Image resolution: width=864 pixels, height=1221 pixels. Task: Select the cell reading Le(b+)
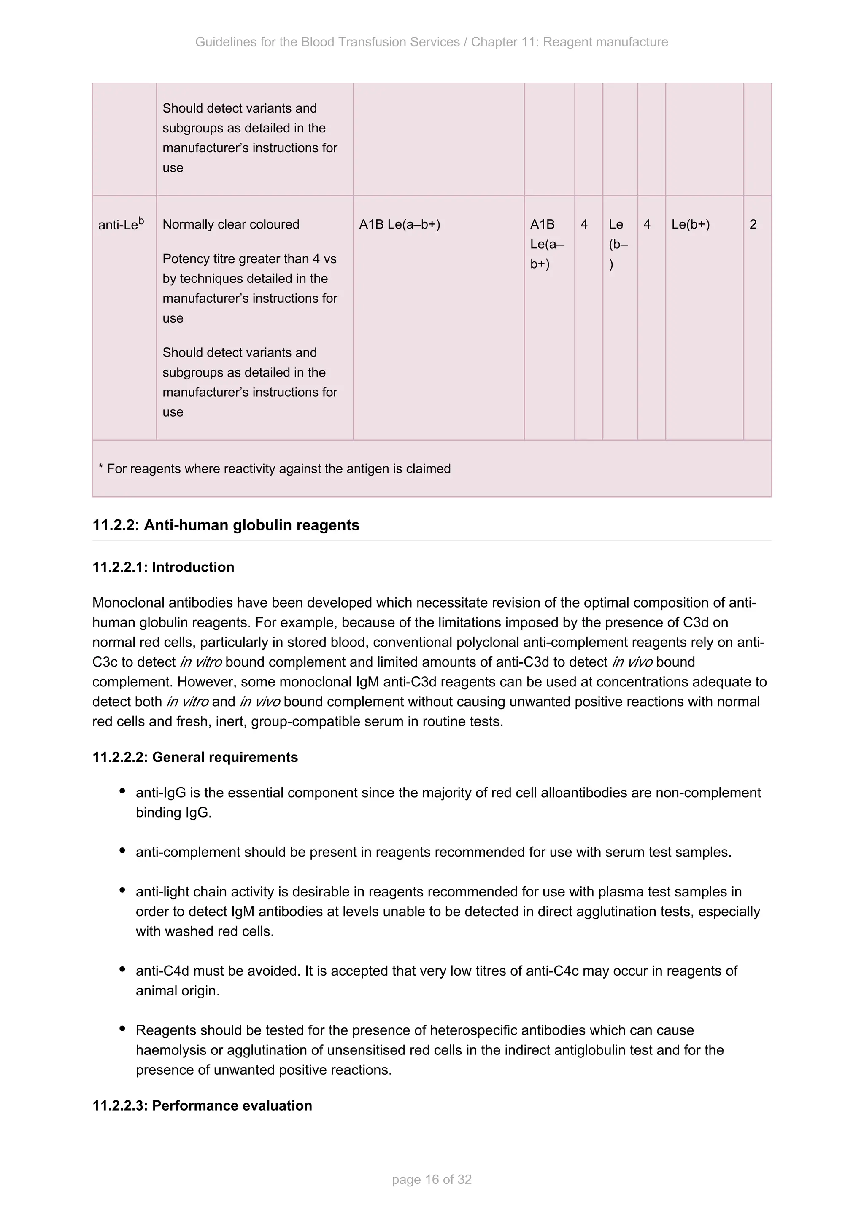tap(690, 224)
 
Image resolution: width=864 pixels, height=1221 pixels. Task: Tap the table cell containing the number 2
tap(753, 224)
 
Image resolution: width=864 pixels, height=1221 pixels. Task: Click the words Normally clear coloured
tap(231, 224)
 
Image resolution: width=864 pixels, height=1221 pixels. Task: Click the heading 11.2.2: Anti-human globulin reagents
tap(226, 525)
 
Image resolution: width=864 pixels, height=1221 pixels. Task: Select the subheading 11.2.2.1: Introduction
tap(163, 567)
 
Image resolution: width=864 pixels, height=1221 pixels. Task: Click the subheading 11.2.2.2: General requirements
tap(195, 757)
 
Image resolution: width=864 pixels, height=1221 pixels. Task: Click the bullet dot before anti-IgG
tap(122, 791)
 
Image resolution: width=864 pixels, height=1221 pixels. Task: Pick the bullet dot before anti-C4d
tap(122, 969)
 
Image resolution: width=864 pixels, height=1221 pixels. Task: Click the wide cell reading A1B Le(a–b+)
tap(400, 224)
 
